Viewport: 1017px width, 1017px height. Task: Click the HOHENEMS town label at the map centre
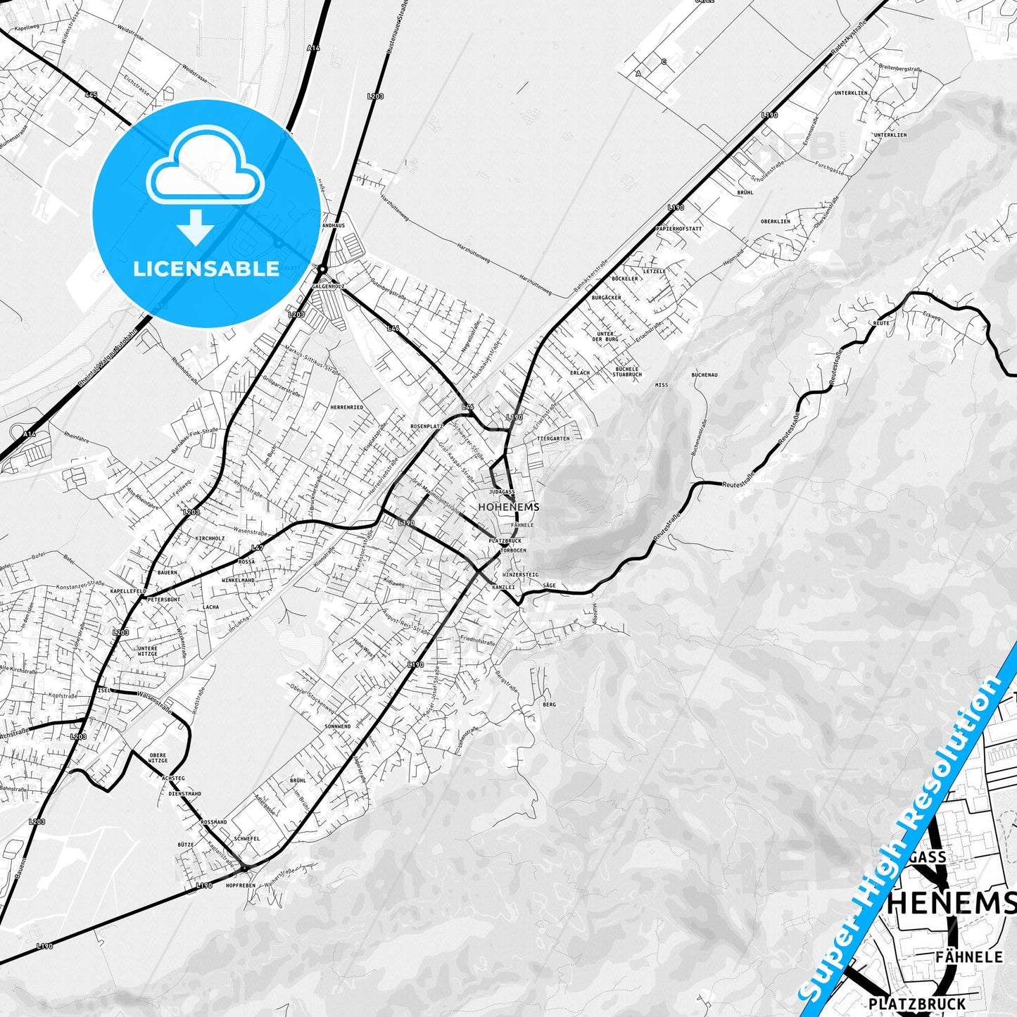[508, 507]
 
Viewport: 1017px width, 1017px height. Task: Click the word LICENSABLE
[206, 268]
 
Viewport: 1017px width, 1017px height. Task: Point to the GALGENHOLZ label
[329, 287]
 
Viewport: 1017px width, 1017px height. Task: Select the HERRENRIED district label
[347, 408]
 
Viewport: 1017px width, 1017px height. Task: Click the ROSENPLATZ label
[427, 427]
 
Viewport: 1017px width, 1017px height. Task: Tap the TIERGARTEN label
[552, 438]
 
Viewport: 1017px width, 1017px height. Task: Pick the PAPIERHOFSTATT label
[678, 229]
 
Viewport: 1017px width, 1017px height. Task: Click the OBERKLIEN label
[775, 221]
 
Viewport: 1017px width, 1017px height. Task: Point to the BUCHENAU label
[704, 375]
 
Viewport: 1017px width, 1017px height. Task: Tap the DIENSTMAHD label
[184, 793]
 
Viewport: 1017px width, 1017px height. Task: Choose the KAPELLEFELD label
[127, 590]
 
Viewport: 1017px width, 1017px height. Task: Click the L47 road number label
[257, 548]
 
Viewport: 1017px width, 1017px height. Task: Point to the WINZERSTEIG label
[520, 575]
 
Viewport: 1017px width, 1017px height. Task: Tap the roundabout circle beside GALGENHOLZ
[322, 270]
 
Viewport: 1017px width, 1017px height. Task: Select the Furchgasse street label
[826, 170]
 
